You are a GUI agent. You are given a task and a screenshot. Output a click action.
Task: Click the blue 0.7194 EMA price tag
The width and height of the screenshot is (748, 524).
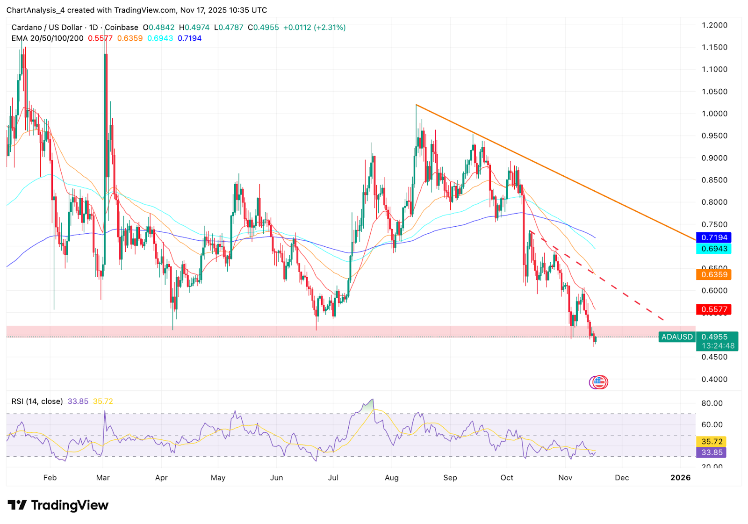[x=713, y=237]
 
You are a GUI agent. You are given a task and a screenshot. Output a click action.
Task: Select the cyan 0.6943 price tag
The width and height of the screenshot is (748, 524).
[x=713, y=249]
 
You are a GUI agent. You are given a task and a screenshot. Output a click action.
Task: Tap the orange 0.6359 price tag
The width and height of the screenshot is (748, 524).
[x=713, y=274]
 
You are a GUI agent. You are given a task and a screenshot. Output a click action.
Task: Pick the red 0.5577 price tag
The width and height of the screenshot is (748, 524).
[x=713, y=309]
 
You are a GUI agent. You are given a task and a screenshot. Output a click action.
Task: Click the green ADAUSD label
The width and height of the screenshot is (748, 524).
[x=676, y=337]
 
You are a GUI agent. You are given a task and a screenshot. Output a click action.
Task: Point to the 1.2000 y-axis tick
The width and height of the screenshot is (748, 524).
[x=714, y=25]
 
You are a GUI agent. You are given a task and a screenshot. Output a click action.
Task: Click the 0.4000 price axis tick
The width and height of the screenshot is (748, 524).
[x=714, y=379]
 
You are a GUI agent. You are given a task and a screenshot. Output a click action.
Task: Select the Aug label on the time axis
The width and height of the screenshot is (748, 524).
[x=392, y=478]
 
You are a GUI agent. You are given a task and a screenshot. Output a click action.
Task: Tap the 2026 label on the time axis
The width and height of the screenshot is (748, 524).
[x=680, y=478]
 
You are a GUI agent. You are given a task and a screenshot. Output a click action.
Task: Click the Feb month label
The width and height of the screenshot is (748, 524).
[x=50, y=478]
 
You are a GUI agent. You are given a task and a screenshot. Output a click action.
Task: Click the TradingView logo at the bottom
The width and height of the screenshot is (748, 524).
[x=58, y=505]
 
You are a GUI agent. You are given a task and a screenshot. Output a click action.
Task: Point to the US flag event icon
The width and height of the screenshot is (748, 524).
[x=599, y=382]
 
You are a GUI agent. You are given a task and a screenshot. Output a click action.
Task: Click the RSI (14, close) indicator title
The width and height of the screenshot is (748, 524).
[x=37, y=401]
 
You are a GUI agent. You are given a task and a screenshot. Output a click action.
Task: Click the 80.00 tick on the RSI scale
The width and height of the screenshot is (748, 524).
[x=712, y=403]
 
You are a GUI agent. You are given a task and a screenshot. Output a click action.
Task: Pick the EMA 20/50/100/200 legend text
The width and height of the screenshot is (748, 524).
[x=47, y=38]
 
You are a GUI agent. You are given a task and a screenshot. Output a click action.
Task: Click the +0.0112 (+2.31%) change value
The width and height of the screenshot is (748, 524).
[x=314, y=28]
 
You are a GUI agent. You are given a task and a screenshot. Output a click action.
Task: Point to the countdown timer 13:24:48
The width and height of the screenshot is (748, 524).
[x=718, y=346]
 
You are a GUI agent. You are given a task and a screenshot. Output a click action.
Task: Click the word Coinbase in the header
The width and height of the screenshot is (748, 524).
[x=122, y=28]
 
